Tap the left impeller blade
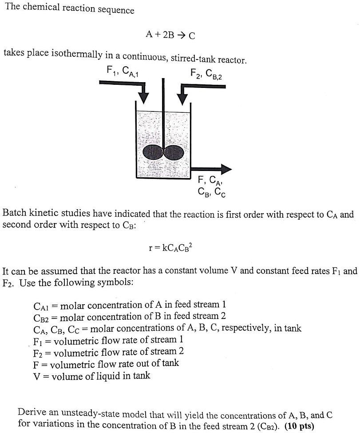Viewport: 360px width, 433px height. (x=153, y=152)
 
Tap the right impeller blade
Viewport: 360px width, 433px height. (x=174, y=152)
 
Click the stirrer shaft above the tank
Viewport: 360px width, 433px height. (x=163, y=93)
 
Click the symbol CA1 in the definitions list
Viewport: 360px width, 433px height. (x=43, y=306)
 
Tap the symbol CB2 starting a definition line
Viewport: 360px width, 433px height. (x=43, y=317)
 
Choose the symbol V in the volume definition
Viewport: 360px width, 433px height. (x=37, y=376)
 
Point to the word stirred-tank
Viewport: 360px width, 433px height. (x=189, y=58)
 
